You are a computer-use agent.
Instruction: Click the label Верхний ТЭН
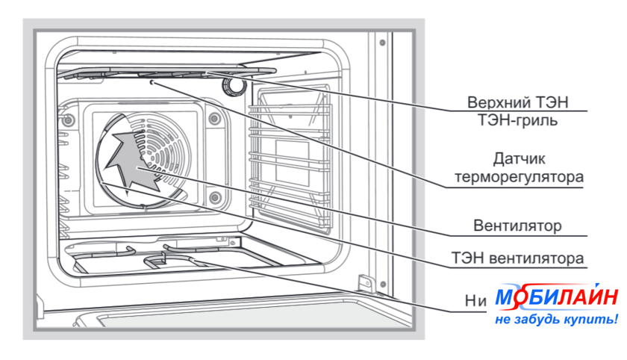[522, 102]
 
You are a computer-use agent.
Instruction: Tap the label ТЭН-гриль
[522, 120]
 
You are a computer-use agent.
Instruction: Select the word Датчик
[522, 159]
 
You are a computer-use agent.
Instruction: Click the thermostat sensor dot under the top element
[152, 84]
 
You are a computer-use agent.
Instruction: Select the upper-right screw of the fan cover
[214, 117]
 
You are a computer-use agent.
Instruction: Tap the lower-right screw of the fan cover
[215, 197]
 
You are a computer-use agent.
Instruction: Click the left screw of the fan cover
[69, 120]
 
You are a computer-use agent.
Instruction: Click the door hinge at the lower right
[366, 285]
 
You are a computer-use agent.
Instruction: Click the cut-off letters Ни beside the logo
[475, 300]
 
